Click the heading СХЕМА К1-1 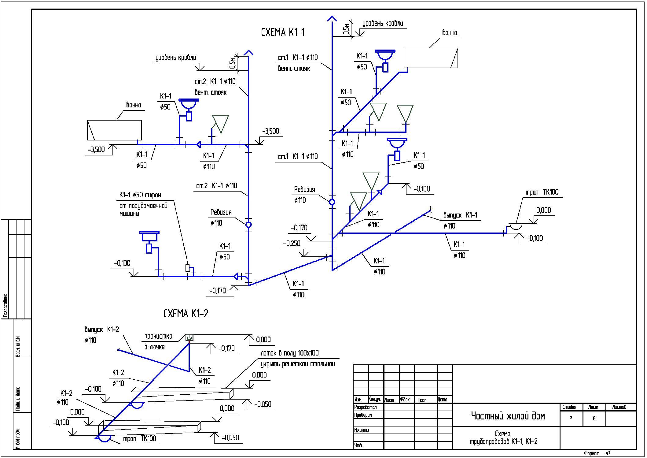283,32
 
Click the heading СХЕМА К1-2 186,314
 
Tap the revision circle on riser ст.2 248,225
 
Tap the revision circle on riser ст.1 332,202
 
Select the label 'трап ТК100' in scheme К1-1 542,192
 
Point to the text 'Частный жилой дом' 508,416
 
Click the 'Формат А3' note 597,453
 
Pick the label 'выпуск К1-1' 460,215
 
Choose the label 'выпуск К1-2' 102,330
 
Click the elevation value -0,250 292,244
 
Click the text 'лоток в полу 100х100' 289,353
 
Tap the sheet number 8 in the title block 594,418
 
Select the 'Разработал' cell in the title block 365,407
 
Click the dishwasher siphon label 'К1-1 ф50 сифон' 140,195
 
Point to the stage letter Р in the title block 571,418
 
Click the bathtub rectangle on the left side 114,130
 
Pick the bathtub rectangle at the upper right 431,58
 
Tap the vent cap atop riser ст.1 332,18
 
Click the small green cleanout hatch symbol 189,337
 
